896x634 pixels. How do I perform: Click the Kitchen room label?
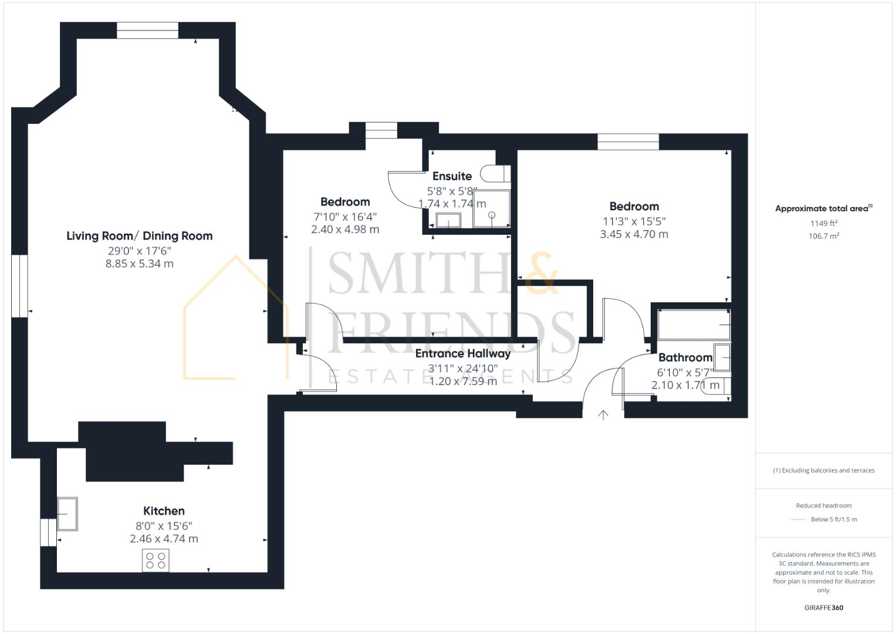(164, 511)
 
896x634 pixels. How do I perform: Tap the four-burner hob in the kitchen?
(155, 560)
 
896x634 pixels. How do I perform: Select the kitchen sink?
(67, 514)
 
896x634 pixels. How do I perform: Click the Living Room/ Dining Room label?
(139, 236)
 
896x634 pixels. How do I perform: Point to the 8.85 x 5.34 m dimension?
(139, 264)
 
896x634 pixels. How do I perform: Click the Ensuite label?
(452, 176)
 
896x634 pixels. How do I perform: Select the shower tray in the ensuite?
(492, 208)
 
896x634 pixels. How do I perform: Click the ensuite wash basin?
(449, 220)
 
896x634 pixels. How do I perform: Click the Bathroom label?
(685, 358)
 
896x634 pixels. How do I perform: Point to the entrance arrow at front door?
(603, 415)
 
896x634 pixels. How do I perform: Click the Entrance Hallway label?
(462, 353)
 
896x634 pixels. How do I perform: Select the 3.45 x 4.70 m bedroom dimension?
(634, 234)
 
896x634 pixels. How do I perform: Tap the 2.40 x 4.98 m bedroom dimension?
(345, 230)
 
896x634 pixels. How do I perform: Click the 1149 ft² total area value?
(823, 223)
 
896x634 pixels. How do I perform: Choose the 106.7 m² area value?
(823, 236)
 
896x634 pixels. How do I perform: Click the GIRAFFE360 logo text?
(823, 608)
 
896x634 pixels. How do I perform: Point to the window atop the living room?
(147, 31)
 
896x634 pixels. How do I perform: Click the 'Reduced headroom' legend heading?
(823, 505)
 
